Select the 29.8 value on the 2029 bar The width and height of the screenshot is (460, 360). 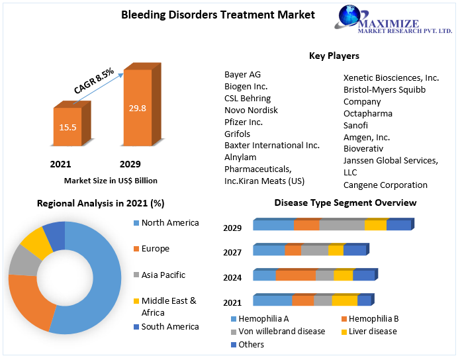coord(138,108)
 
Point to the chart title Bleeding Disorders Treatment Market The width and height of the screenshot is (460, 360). coord(218,14)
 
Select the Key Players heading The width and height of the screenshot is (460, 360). coord(334,56)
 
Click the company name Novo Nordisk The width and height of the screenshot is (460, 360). coord(251,110)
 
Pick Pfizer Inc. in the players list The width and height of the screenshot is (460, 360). coord(244,122)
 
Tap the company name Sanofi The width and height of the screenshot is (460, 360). coord(355,125)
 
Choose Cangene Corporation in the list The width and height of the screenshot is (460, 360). coord(385,185)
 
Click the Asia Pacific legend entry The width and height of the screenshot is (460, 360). coord(163,275)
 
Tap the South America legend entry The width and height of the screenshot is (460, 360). coord(169,326)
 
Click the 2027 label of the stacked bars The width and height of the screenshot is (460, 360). coord(232,252)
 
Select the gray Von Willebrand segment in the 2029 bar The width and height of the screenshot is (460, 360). coord(342,225)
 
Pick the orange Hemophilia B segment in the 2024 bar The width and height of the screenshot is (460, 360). coord(295,275)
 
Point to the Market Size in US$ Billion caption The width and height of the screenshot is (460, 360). coord(111,180)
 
